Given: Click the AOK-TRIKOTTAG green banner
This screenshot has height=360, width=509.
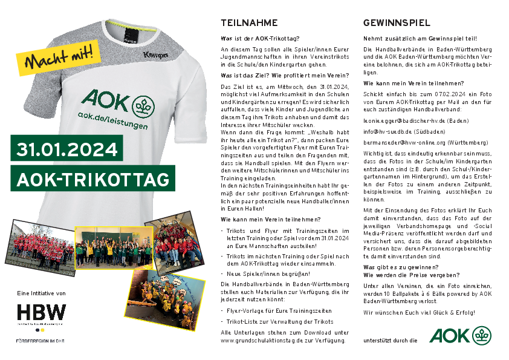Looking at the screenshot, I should click(92, 180).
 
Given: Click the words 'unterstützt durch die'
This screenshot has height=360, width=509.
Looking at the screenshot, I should click(391, 341).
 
